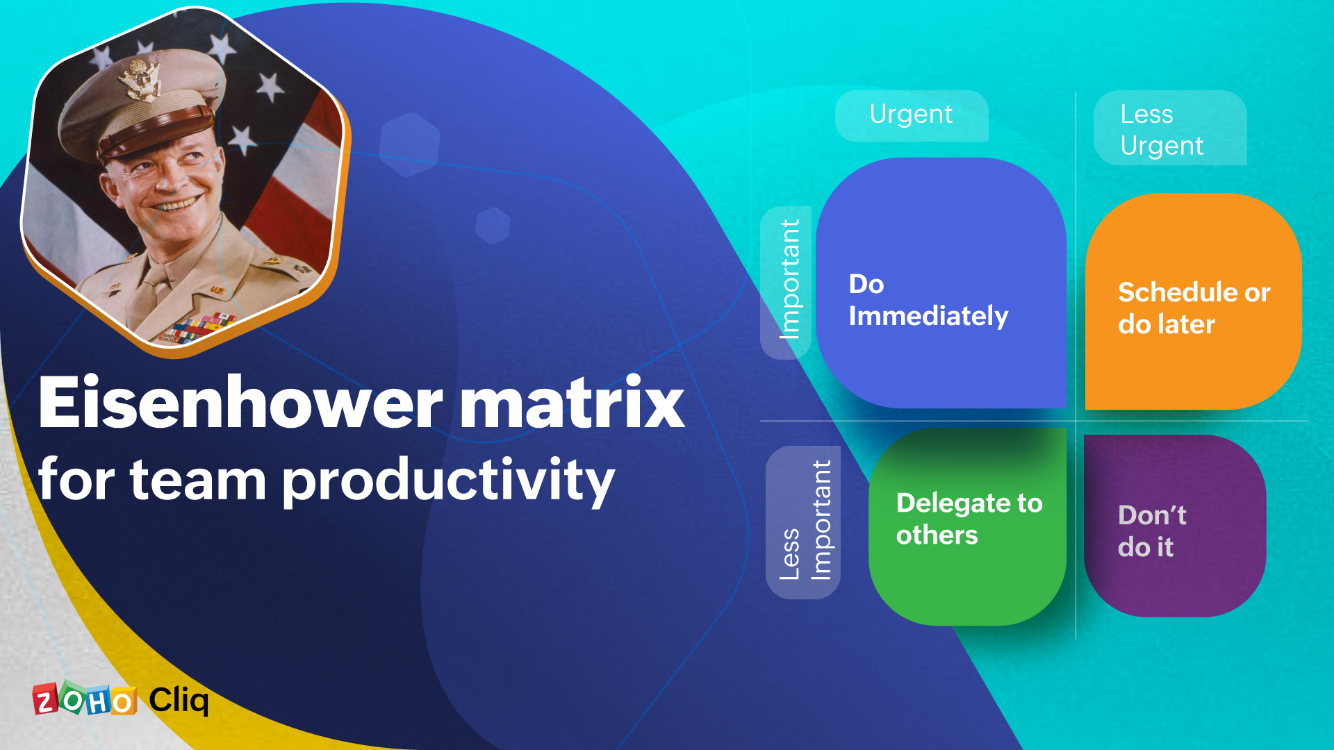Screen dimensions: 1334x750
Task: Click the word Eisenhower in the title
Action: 240,402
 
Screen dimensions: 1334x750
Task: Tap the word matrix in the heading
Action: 573,402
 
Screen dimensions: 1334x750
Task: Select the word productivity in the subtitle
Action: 449,481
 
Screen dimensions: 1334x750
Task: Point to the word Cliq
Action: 179,700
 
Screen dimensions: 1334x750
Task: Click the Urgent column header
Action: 912,115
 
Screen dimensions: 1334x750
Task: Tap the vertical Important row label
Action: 789,280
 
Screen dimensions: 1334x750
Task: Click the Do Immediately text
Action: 928,300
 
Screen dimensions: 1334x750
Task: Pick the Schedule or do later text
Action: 1194,308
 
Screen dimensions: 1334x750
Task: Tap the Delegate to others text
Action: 969,519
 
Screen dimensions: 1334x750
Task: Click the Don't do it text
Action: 1152,531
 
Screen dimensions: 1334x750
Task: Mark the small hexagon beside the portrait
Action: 493,226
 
